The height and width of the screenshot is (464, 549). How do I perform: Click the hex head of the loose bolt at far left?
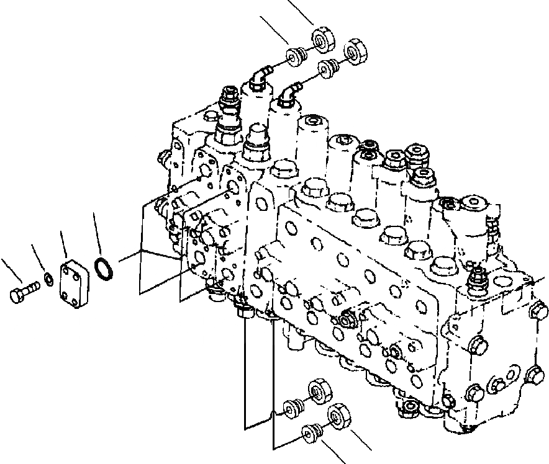pos(16,296)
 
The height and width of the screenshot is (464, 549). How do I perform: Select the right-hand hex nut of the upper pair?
pos(355,51)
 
